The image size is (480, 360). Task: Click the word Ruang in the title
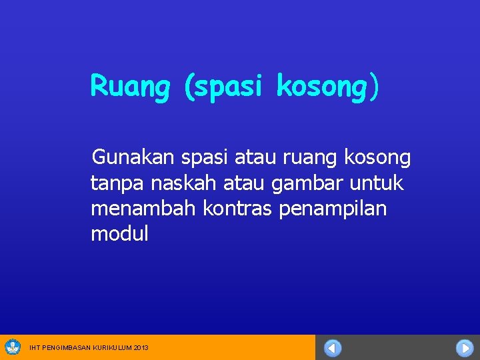pyautogui.click(x=130, y=87)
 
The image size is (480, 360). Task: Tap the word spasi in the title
pyautogui.click(x=227, y=87)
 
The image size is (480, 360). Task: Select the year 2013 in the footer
pyautogui.click(x=141, y=348)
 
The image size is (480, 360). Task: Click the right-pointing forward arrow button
pyautogui.click(x=464, y=348)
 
